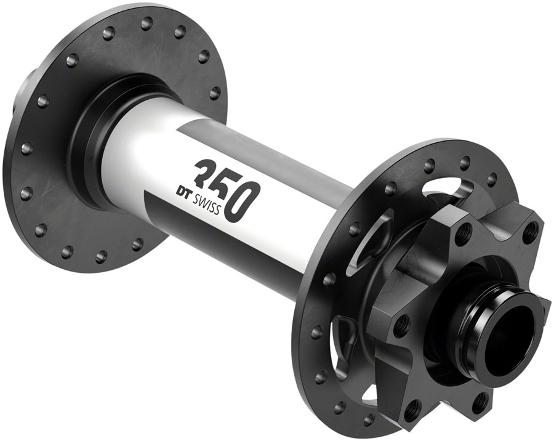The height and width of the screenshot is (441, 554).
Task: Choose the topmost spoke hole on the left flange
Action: click(147, 24)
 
